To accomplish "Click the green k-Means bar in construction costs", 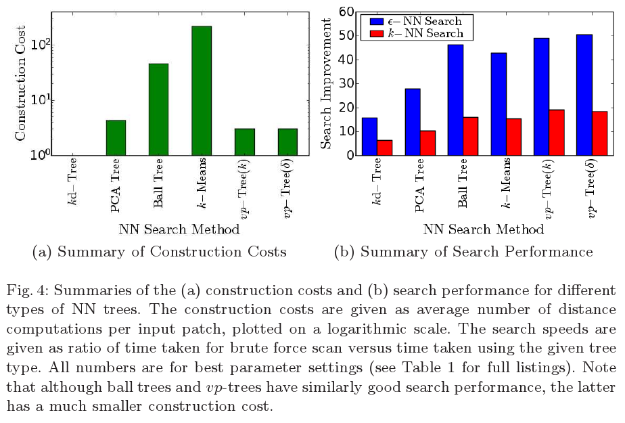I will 202,91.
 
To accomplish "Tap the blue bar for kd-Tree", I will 369,137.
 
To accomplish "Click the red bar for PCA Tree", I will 427,143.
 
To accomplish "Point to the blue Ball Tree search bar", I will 455,100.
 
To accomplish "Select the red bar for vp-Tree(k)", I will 556,133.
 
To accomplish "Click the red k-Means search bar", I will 514,137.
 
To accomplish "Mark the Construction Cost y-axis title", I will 20,83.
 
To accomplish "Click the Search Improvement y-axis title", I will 327,83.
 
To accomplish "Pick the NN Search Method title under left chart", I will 179,229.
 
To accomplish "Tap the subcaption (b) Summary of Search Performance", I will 463,252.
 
